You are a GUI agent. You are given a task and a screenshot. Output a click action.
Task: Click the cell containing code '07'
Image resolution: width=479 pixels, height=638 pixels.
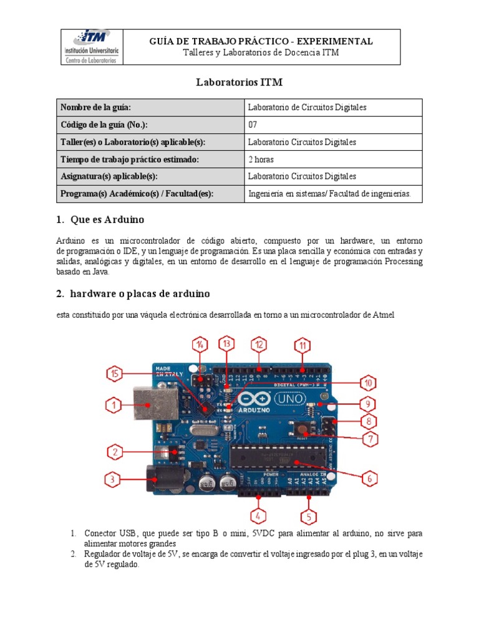(x=253, y=125)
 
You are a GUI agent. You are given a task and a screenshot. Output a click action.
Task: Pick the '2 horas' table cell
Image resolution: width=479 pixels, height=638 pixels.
(x=261, y=159)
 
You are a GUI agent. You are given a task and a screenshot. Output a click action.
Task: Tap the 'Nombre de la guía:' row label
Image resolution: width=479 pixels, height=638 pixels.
(x=95, y=107)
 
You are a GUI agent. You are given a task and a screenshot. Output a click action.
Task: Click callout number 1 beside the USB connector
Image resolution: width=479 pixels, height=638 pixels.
(x=113, y=406)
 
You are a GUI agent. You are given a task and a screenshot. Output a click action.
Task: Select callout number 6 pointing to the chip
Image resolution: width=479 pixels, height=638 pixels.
(x=369, y=478)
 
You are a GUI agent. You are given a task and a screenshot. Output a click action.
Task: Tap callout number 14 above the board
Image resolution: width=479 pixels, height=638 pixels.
(x=200, y=345)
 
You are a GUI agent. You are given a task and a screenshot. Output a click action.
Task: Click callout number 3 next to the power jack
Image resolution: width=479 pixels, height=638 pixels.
(x=112, y=479)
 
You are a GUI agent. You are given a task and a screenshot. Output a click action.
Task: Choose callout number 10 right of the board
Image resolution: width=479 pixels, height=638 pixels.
(x=368, y=383)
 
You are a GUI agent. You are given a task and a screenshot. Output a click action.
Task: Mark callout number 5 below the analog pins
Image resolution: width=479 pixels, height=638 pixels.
(x=308, y=517)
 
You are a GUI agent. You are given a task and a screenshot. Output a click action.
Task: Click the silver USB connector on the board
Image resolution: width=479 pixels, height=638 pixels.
(x=148, y=406)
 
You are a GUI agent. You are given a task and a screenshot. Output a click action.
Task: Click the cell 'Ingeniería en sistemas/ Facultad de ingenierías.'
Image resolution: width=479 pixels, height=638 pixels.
(x=329, y=194)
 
